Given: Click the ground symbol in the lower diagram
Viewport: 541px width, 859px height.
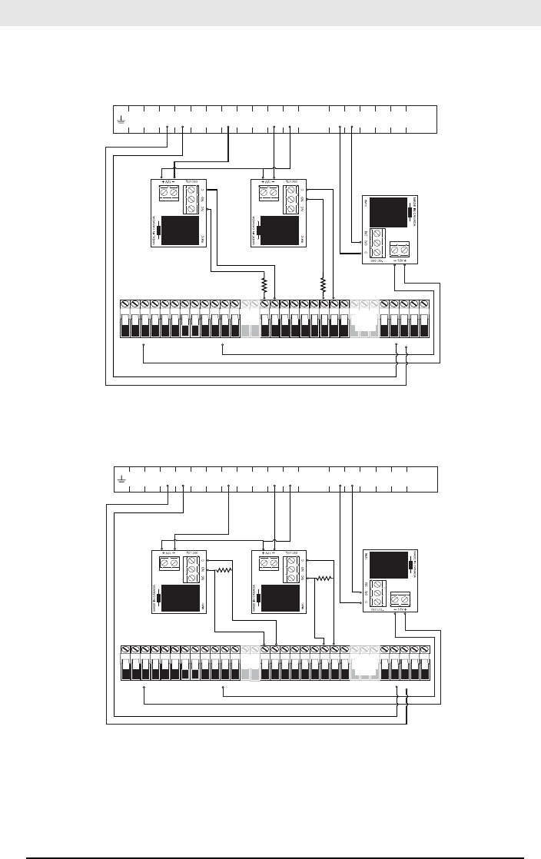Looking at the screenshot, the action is [x=121, y=479].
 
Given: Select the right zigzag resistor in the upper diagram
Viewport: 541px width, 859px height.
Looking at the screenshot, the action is [x=324, y=285].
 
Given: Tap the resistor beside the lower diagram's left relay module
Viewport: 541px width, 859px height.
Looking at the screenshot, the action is [x=224, y=570].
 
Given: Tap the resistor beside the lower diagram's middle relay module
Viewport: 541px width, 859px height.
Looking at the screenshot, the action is [x=326, y=578].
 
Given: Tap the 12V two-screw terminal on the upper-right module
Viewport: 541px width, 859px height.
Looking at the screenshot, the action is [x=400, y=250].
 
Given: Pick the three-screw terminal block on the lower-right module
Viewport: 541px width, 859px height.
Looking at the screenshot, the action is [x=378, y=594].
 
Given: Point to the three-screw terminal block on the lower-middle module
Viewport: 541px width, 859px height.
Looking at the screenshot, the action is [x=292, y=569].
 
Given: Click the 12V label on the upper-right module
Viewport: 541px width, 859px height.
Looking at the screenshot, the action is [x=400, y=260].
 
